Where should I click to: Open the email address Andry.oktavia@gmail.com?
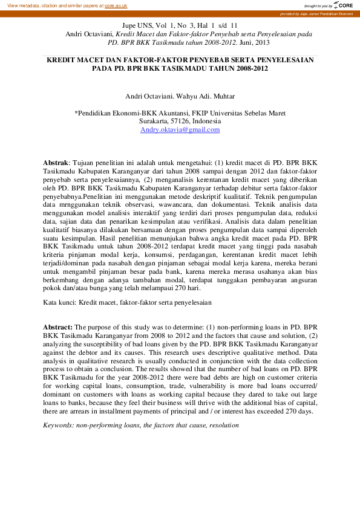180,129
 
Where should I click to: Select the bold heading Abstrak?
56,163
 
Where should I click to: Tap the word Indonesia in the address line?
206,121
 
